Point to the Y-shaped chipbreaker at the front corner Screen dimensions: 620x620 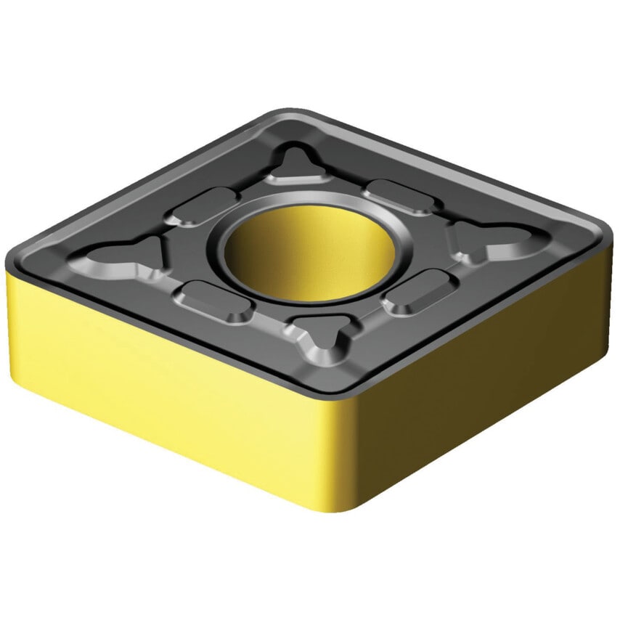click(320, 341)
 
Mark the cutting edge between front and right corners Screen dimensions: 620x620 click(472, 319)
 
